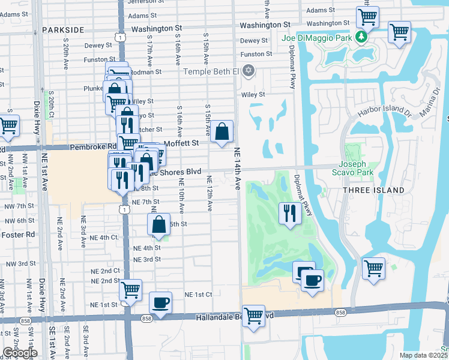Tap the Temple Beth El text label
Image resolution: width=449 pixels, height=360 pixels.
[x=211, y=72]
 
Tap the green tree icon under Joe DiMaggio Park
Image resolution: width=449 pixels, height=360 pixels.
[x=361, y=37]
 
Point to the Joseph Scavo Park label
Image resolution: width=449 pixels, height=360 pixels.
[x=356, y=168]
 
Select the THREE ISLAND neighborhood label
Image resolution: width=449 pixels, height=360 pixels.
[x=373, y=190]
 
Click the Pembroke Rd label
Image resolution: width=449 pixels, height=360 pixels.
[x=93, y=146]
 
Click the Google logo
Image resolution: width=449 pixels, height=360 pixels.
[x=19, y=353]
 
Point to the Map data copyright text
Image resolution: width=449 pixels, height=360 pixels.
[x=424, y=355]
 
